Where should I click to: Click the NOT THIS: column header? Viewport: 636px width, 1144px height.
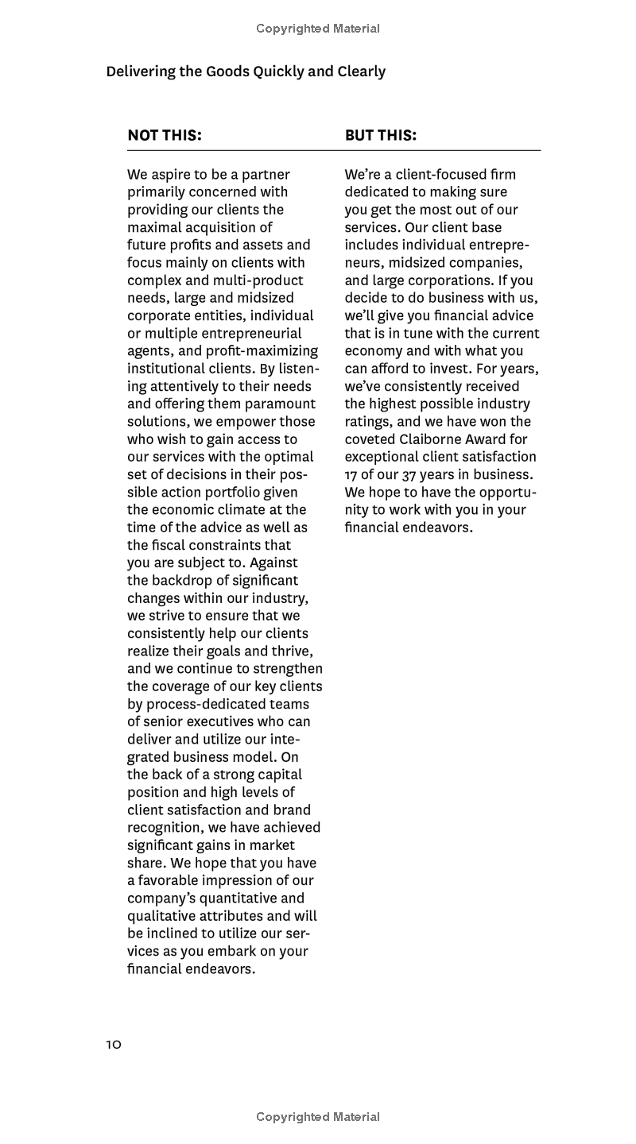[165, 135]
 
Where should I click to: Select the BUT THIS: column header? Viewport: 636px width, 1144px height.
[380, 135]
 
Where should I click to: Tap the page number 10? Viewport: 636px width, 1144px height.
[114, 1044]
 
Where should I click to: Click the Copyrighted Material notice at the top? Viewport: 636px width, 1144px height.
[318, 29]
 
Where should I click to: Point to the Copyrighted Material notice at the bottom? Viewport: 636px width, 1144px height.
[318, 1117]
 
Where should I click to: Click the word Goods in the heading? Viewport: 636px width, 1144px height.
[227, 71]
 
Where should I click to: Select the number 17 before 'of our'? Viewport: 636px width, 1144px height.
[351, 474]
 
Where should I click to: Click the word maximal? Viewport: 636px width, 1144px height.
[153, 227]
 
